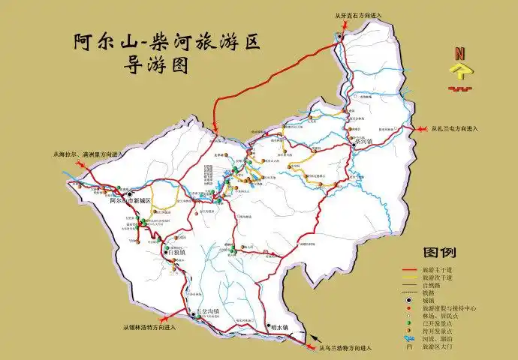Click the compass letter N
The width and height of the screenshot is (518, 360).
459,54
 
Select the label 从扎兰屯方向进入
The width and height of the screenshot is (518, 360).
455,128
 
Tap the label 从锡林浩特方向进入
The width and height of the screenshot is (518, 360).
149,327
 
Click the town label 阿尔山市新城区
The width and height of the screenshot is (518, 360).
130,201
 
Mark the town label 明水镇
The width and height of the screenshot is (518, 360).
279,326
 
